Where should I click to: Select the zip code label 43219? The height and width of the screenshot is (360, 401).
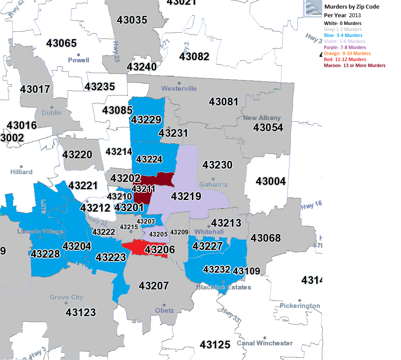186,197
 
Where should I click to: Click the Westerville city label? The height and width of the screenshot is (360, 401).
179,89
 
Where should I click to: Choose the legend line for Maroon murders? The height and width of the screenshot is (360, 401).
355,65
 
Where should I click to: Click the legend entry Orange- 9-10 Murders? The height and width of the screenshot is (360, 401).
347,53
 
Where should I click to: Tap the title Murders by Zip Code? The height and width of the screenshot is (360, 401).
352,7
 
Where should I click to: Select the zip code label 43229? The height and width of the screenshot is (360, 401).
146,120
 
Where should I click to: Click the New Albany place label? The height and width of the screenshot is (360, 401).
262,118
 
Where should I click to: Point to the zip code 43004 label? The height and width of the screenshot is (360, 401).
270,182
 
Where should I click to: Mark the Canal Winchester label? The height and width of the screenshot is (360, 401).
265,343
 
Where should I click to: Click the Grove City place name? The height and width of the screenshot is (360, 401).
66,297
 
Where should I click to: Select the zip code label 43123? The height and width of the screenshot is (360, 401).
80,312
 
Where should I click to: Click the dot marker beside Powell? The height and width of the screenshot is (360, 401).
78,55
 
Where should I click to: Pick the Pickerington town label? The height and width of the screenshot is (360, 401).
299,306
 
